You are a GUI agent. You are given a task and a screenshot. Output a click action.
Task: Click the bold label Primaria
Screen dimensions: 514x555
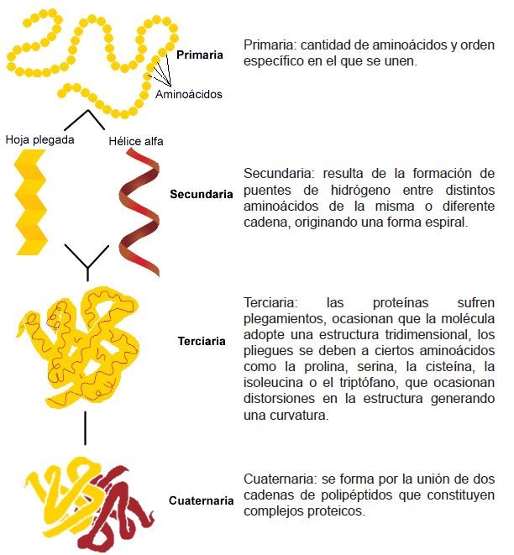click(200, 55)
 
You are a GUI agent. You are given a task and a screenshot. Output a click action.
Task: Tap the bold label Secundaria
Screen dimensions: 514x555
click(202, 194)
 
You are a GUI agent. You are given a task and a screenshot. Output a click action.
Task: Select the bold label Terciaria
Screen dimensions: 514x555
click(202, 341)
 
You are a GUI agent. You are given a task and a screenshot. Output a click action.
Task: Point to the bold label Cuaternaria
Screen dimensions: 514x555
click(201, 500)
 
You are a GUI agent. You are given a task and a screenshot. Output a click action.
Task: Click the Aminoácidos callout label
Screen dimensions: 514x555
click(189, 94)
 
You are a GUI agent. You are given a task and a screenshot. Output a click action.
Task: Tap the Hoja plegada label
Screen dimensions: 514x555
click(39, 140)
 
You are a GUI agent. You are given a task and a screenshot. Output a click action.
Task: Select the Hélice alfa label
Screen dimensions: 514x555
click(136, 141)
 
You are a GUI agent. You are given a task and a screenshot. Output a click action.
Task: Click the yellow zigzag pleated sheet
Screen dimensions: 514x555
click(30, 202)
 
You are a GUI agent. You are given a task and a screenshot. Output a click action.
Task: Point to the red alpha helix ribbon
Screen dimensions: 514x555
click(139, 212)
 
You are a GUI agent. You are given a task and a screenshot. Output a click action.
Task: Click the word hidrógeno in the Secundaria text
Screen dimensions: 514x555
click(360, 190)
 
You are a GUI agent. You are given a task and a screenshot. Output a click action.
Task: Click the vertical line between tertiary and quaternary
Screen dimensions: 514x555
click(85, 428)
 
